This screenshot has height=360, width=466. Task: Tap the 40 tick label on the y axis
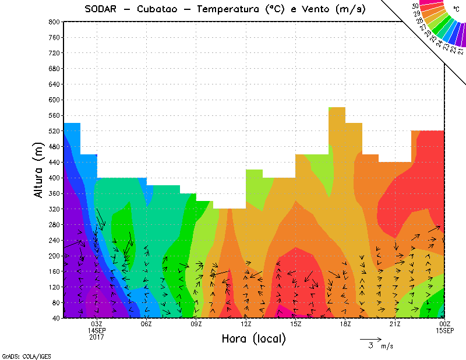pos(56,318)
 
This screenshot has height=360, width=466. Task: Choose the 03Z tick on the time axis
pos(97,324)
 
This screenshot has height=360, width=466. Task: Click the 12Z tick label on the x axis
pos(246,324)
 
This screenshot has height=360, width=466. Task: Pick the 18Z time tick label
pos(345,324)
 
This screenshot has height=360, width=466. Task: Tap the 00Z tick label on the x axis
pos(444,324)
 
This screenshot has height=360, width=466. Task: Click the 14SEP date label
pos(97,330)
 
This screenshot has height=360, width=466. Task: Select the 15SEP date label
pos(444,330)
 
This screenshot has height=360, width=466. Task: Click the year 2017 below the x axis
pos(97,337)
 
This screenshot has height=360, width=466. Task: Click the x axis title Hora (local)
pos(253,339)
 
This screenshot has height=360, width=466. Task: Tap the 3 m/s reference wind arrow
pos(370,338)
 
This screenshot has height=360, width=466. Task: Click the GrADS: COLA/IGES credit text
pos(22,355)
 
